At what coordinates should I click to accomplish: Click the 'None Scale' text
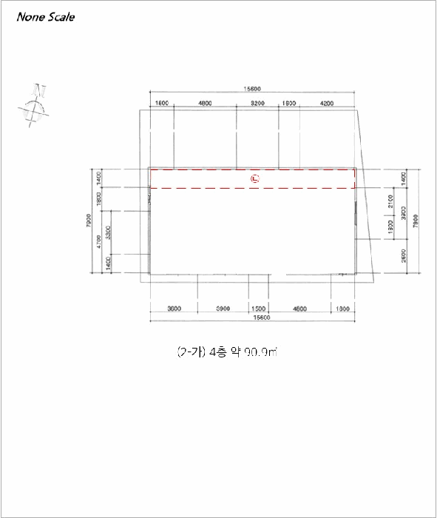tap(45, 16)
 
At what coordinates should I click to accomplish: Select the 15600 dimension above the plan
tap(253, 88)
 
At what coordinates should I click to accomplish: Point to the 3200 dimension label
tap(257, 103)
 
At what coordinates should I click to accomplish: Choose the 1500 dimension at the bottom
tap(258, 308)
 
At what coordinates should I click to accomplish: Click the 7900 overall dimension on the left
tap(88, 221)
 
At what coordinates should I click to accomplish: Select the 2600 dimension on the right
tap(402, 256)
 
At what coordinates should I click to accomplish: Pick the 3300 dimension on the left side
tap(109, 233)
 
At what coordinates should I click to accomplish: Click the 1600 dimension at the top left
tap(161, 103)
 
